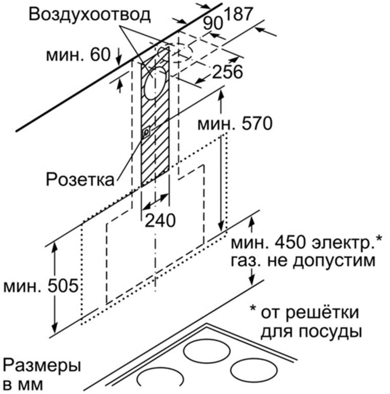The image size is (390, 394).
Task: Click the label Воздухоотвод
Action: pyautogui.click(x=90, y=14)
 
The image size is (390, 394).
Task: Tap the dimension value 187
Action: pyautogui.click(x=238, y=14)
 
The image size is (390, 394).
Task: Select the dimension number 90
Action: pyautogui.click(x=213, y=24)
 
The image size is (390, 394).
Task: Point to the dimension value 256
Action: pyautogui.click(x=228, y=71)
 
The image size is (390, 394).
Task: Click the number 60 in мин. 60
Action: pyautogui.click(x=100, y=54)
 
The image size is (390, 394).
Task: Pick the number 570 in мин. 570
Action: pyautogui.click(x=256, y=124)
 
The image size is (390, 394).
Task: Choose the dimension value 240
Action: pyautogui.click(x=160, y=221)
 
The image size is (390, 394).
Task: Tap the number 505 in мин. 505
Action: pyautogui.click(x=63, y=286)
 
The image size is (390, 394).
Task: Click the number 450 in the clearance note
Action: pyautogui.click(x=290, y=242)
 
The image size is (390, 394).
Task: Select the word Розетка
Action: pyautogui.click(x=80, y=180)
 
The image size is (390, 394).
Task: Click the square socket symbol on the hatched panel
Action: pyautogui.click(x=146, y=131)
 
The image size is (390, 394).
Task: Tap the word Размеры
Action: pyautogui.click(x=42, y=367)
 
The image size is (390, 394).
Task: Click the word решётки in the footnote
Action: pyautogui.click(x=323, y=312)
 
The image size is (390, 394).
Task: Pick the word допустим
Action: pyautogui.click(x=334, y=261)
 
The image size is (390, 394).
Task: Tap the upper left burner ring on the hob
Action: pyautogui.click(x=207, y=351)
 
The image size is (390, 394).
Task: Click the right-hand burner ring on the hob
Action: pyautogui.click(x=254, y=370)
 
